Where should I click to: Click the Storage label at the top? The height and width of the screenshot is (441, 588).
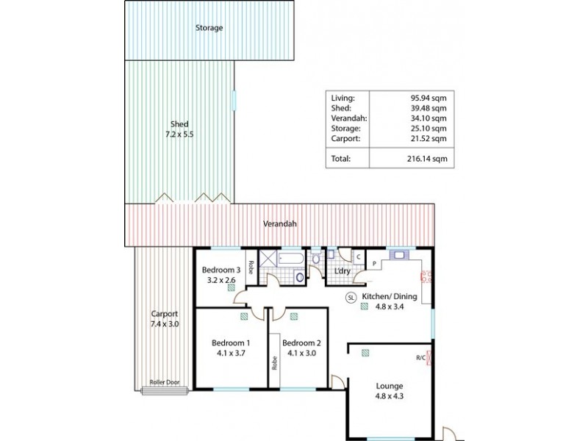tap(209, 28)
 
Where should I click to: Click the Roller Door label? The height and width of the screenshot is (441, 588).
tap(162, 382)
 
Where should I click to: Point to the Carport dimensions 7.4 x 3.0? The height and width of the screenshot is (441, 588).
tap(164, 323)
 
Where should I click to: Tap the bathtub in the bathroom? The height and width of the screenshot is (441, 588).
tap(291, 259)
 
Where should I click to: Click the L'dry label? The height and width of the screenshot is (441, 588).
tap(342, 272)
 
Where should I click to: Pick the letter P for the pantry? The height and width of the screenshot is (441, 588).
tap(373, 263)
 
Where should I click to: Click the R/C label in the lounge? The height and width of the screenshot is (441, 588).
tap(420, 359)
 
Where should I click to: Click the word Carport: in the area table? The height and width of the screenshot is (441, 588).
tap(346, 137)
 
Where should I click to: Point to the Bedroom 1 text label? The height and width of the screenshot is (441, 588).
tap(231, 343)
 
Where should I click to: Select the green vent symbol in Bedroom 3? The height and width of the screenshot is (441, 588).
tap(232, 289)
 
